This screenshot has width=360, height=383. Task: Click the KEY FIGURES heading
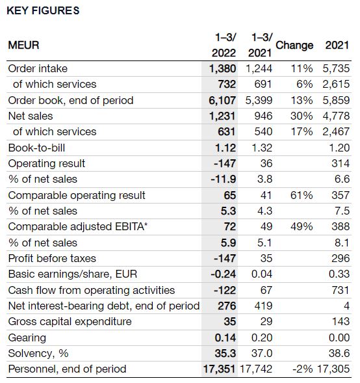click(43, 11)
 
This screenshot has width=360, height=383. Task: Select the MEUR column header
click(23, 45)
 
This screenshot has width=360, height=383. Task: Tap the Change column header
click(294, 45)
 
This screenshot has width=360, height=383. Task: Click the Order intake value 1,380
click(223, 69)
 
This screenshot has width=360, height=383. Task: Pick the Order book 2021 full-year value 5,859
click(336, 100)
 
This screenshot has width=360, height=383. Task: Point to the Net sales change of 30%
click(302, 116)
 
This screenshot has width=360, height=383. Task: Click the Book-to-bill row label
click(36, 148)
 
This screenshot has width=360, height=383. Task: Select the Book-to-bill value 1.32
click(262, 148)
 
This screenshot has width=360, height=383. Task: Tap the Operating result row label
click(47, 163)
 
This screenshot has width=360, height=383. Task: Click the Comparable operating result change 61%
click(302, 196)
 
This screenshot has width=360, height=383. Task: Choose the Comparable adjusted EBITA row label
click(78, 226)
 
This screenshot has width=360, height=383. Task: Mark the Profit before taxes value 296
click(341, 258)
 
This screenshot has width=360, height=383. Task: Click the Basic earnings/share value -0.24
click(224, 274)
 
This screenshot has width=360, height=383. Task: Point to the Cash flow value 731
click(341, 290)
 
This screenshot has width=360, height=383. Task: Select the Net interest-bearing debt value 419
click(263, 306)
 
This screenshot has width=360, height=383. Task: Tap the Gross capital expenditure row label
click(70, 321)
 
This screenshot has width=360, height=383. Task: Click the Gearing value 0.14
click(225, 337)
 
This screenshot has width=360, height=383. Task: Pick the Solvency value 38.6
click(339, 353)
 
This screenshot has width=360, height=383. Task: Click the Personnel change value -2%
click(302, 369)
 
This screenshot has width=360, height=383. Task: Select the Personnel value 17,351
click(219, 369)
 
